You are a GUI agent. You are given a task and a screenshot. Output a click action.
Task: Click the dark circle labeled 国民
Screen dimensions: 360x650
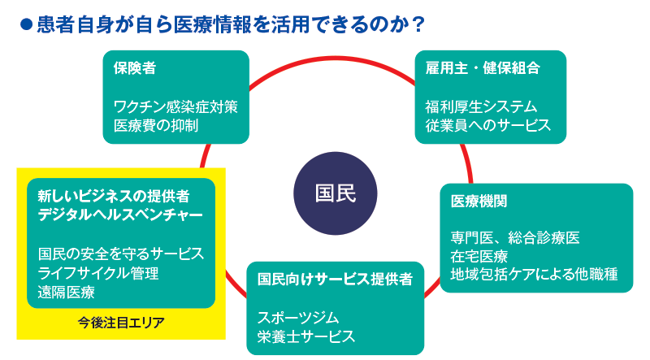(x=335, y=193)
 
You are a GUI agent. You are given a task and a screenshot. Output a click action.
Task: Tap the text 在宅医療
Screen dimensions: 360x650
(x=479, y=257)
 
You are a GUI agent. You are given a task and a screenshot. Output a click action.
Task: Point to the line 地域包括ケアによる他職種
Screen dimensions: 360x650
(x=535, y=275)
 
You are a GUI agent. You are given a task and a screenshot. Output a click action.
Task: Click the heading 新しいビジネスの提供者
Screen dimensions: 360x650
(x=114, y=196)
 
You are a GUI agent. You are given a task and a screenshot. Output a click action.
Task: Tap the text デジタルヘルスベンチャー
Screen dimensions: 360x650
(x=119, y=215)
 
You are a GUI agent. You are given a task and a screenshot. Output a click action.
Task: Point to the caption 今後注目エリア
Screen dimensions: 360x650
(x=121, y=323)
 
